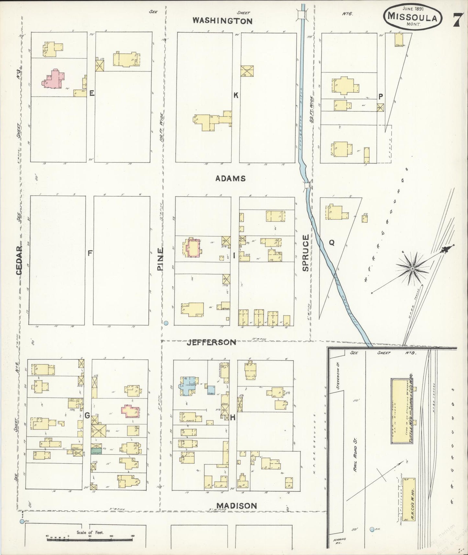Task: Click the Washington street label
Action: tap(222, 21)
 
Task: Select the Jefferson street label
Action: tap(211, 342)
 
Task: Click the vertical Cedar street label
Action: tap(19, 261)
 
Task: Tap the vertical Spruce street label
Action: tap(306, 253)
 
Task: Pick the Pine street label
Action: tap(161, 259)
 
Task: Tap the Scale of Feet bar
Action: tap(90, 536)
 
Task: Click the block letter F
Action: tap(90, 253)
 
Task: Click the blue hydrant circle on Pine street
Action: tap(166, 323)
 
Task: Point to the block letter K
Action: tap(236, 95)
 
